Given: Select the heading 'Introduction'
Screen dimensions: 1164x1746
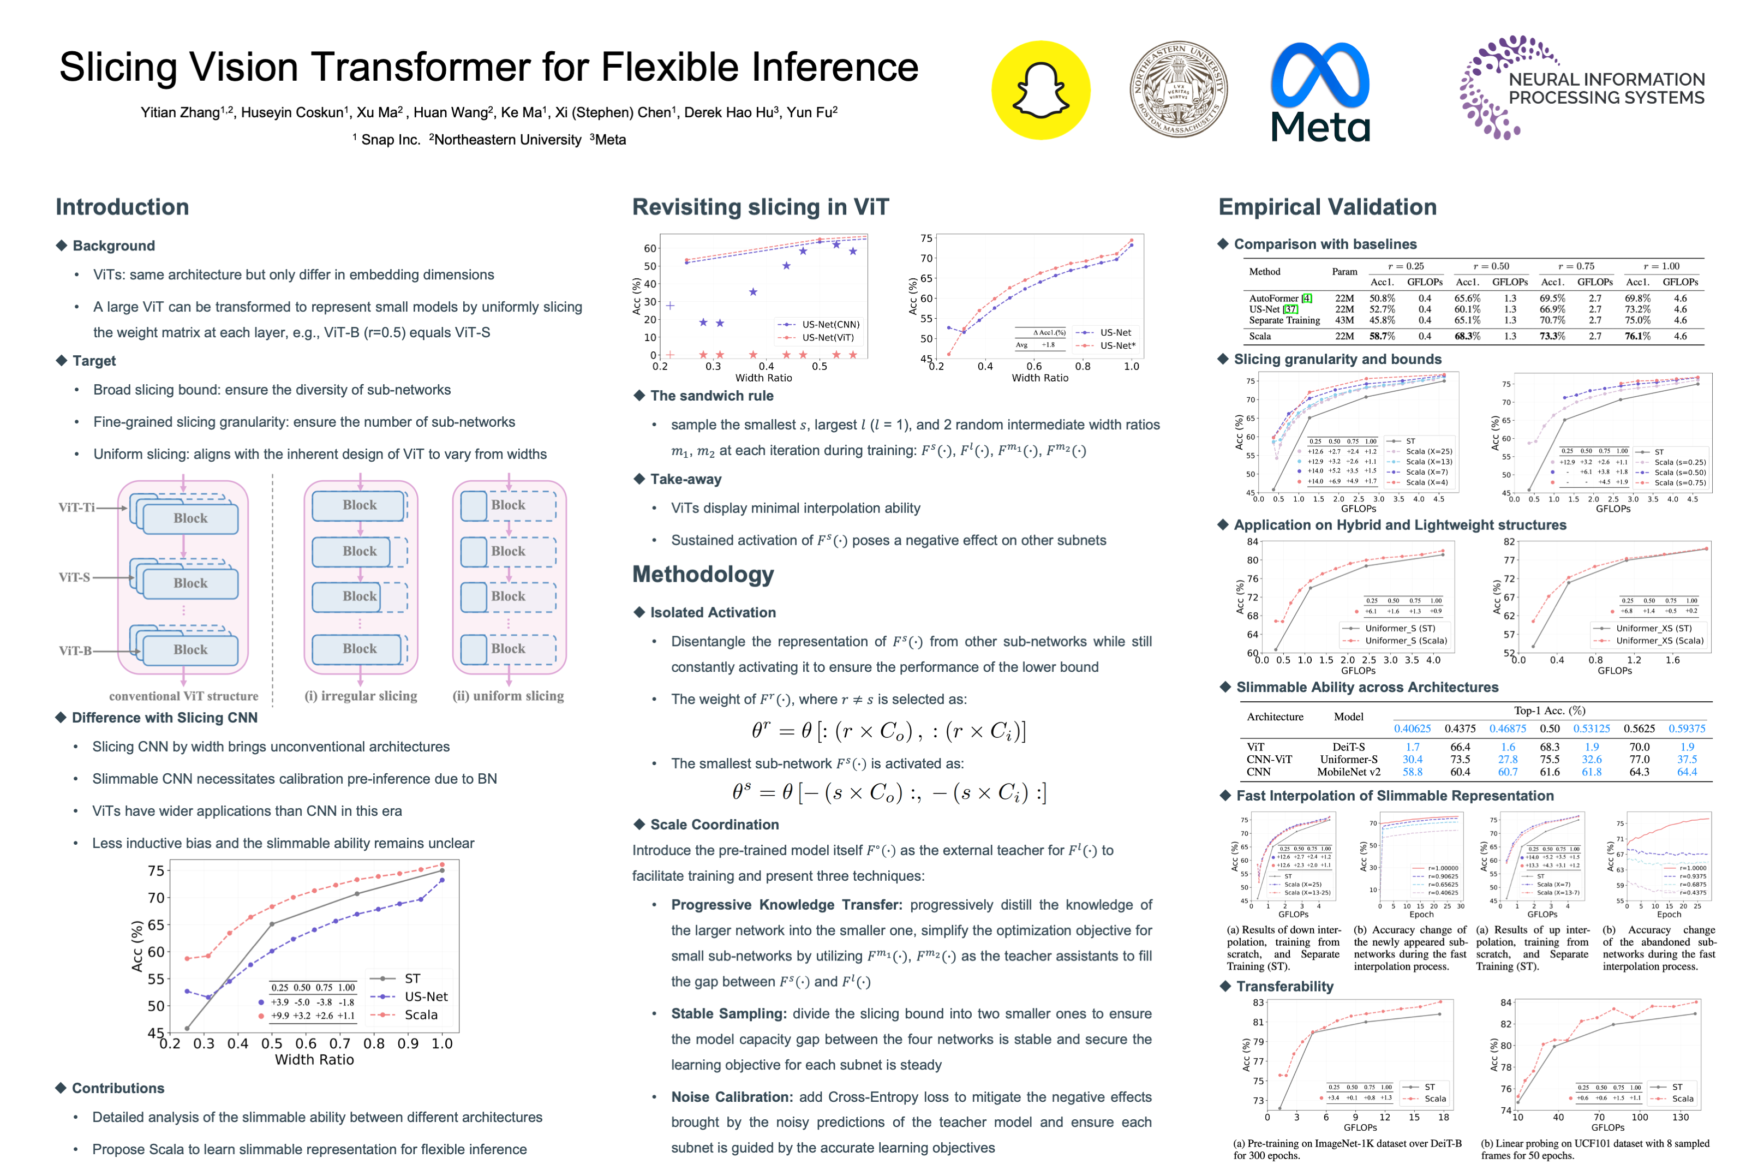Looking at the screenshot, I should coord(122,207).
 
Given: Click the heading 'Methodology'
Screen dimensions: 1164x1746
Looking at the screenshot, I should coord(702,574).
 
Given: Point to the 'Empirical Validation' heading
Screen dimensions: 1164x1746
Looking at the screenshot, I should coord(1327,207).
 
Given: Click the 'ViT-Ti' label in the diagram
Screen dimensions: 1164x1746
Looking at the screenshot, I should coord(76,508).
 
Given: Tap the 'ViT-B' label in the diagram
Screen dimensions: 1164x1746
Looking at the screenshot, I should coord(75,650).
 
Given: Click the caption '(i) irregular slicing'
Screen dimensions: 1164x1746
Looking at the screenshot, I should coord(361,696).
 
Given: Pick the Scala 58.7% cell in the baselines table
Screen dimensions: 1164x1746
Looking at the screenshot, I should coord(1382,336).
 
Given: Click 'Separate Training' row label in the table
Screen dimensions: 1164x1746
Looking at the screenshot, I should coord(1284,320).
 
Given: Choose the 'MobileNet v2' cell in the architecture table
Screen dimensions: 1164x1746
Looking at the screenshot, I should coord(1348,772).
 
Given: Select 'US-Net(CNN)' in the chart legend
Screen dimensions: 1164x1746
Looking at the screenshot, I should coord(830,324).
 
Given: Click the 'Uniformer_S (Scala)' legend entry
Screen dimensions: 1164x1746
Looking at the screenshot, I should coord(1406,641).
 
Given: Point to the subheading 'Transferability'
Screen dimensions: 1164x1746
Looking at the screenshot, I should coord(1284,986).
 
